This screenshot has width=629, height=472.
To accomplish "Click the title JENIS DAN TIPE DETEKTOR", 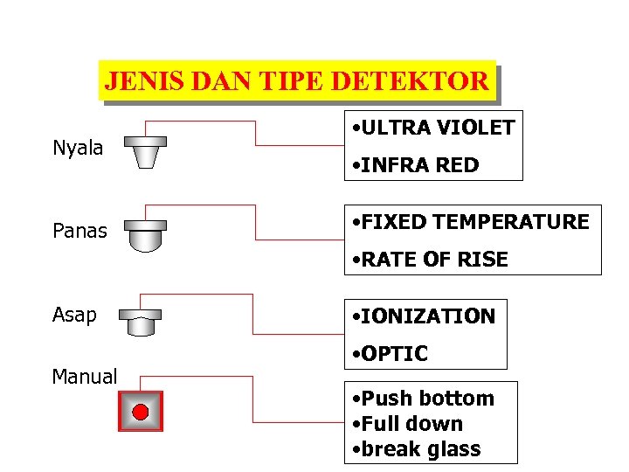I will coord(296,81).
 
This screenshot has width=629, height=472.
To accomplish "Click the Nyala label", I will coord(78,148).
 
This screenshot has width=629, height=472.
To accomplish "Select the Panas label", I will coord(79,231).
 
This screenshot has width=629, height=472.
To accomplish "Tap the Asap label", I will coord(74,315).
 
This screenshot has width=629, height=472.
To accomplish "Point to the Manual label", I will coord(85,377).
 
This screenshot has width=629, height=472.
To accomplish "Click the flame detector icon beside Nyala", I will coord(144,150).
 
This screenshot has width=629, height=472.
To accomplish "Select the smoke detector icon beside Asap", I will coord(142,323).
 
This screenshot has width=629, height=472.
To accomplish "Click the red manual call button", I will coord(141,411).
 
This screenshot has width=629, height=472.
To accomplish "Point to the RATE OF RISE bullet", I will coord(429,260).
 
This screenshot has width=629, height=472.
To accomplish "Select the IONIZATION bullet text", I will coord(423,316).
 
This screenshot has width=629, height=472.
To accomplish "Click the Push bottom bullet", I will coord(424,399).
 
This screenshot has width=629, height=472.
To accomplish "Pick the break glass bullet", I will coord(417,449).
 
